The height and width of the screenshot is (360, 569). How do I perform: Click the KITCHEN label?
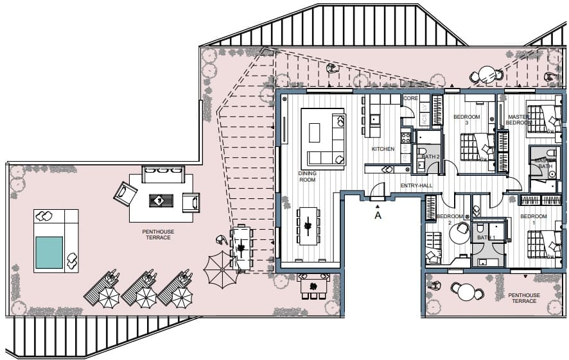(383, 149)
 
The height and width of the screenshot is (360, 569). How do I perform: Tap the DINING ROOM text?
(308, 176)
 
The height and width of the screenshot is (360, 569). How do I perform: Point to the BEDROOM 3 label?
(466, 120)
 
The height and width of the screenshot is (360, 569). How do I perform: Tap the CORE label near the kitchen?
(410, 99)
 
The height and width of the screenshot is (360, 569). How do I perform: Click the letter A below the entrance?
(378, 216)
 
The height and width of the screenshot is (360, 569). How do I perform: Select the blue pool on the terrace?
(49, 252)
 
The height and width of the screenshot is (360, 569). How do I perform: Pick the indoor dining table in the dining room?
(308, 225)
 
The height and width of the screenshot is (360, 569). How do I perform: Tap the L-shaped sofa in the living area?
(324, 136)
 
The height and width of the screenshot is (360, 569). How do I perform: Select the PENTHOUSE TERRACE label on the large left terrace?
(158, 234)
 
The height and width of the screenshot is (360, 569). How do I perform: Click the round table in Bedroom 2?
(459, 233)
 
